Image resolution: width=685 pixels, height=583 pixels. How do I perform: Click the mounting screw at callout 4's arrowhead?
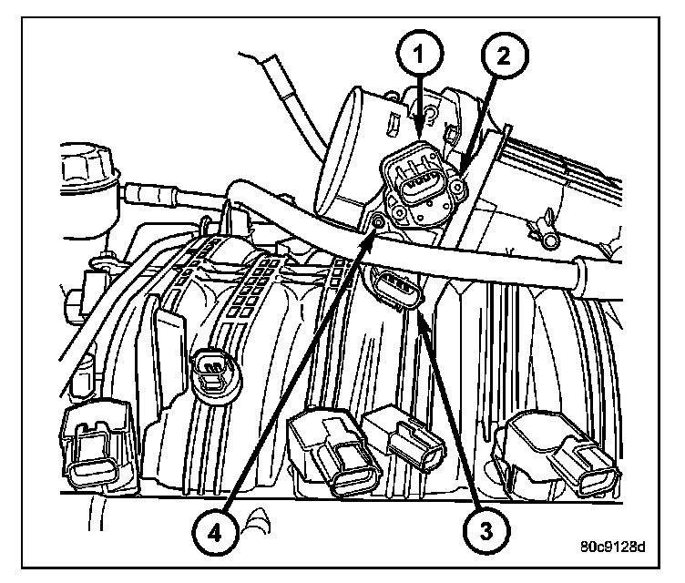[x=375, y=222]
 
